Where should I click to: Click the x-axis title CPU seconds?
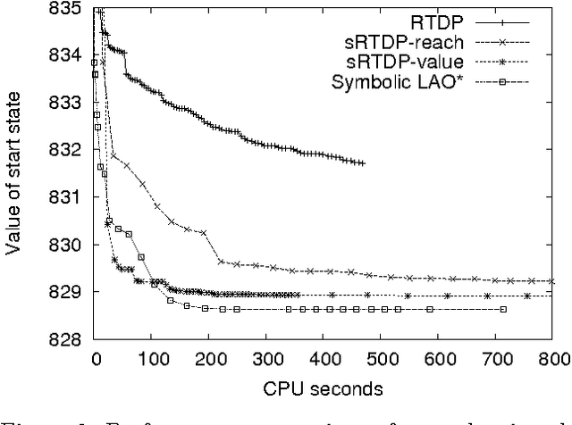[324, 390]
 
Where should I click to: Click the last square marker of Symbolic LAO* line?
[503, 309]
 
